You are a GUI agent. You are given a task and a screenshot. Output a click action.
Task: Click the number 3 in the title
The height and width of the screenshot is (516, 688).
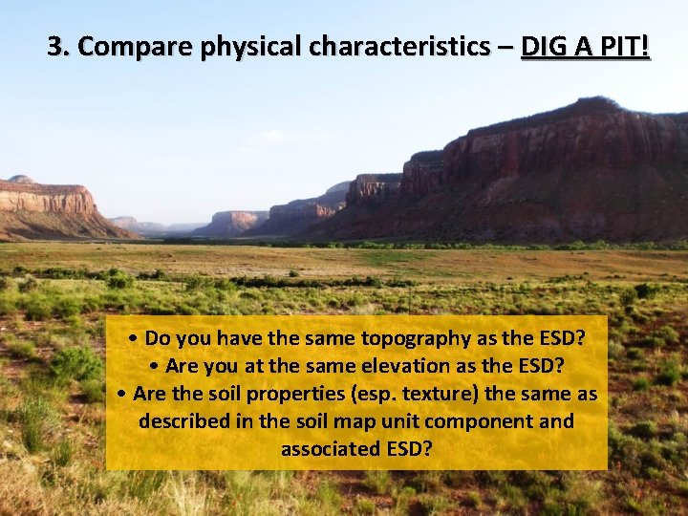tap(56, 46)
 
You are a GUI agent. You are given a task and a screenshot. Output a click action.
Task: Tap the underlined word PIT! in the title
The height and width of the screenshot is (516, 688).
tap(621, 46)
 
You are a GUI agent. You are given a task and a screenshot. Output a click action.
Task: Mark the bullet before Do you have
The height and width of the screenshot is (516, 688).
tap(137, 339)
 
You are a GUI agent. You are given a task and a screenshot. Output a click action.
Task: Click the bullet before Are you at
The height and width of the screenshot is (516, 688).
tap(157, 367)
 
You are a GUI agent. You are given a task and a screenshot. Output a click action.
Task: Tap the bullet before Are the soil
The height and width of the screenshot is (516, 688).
tap(123, 395)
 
